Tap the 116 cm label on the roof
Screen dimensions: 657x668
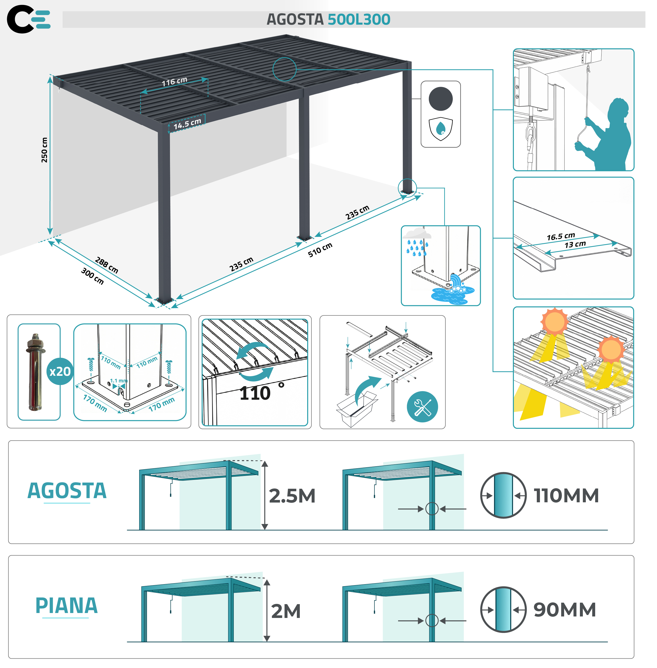click(175, 82)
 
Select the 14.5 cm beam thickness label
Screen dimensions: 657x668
click(187, 124)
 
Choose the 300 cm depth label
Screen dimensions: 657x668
click(92, 276)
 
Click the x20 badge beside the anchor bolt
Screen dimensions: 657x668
click(60, 372)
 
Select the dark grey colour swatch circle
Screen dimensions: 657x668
click(441, 99)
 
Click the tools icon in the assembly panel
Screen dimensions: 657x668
click(422, 407)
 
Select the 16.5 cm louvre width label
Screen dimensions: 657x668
click(561, 236)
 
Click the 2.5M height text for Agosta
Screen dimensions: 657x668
click(292, 496)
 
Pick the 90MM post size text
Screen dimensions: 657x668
click(565, 610)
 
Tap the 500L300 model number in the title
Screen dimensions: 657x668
click(359, 19)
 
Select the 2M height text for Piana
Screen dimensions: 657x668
click(286, 611)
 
